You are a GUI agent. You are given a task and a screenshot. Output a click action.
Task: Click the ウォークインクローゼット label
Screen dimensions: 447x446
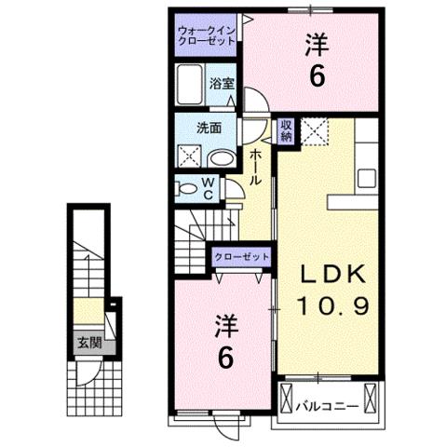click(207, 35)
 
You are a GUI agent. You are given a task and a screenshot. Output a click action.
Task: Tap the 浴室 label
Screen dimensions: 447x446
click(221, 83)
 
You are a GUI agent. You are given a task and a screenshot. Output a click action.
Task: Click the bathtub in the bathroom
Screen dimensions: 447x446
click(192, 85)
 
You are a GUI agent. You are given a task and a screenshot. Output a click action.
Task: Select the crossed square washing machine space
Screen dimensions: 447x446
click(192, 156)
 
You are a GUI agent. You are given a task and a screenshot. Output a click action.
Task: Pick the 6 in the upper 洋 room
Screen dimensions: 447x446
click(318, 77)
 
